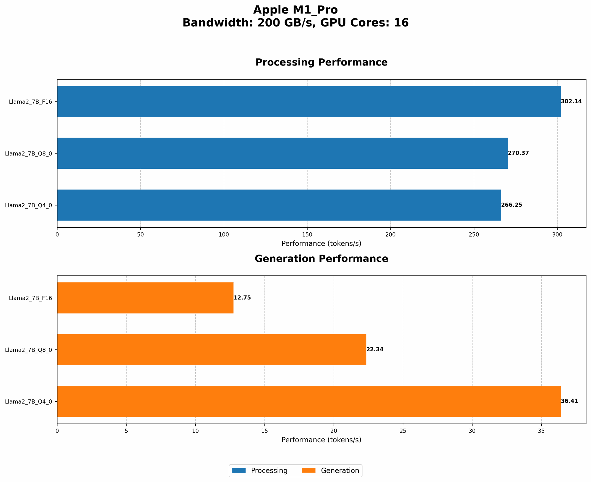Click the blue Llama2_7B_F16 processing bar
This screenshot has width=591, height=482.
click(309, 101)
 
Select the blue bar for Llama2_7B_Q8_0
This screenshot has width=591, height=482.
click(282, 153)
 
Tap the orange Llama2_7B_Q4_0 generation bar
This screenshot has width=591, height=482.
click(309, 401)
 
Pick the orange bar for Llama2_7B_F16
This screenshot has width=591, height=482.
click(145, 298)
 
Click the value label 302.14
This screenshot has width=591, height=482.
click(571, 101)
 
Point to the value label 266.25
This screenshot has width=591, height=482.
click(512, 205)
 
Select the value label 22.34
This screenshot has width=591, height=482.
click(375, 350)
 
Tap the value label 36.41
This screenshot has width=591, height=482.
click(569, 401)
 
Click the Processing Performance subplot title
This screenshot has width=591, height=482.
click(321, 63)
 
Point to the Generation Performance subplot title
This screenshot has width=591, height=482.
click(321, 259)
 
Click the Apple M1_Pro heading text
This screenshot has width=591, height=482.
click(295, 10)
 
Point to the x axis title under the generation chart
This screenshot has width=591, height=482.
click(321, 440)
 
